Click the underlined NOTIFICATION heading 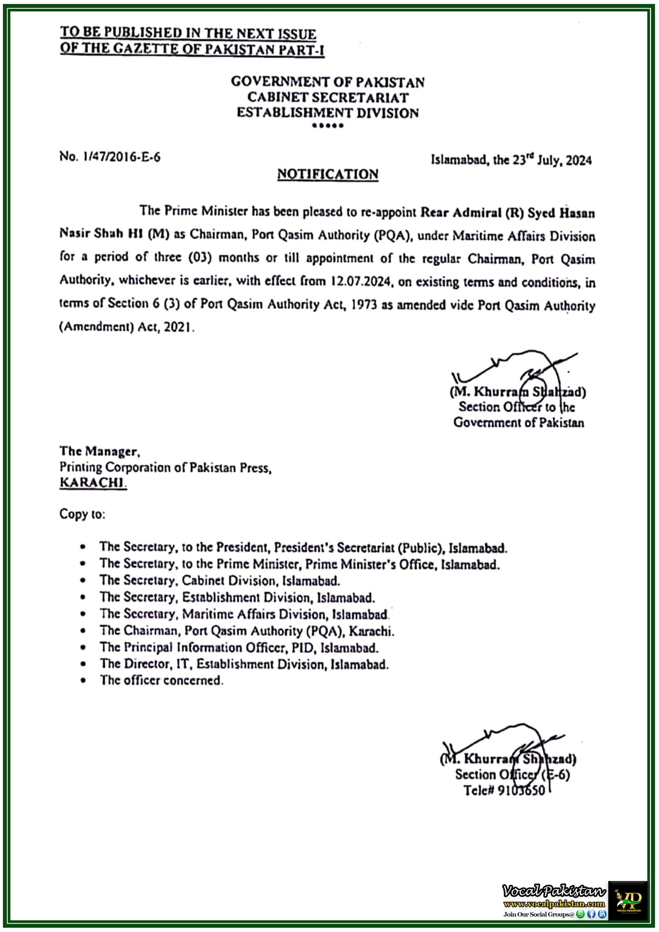[328, 174]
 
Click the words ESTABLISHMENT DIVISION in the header [328, 113]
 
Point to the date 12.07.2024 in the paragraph [360, 281]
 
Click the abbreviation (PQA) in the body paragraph [391, 236]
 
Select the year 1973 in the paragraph [364, 305]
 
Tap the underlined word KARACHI [92, 483]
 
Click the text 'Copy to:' [82, 514]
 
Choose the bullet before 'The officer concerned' [83, 680]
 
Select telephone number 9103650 [521, 791]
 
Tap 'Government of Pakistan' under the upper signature [518, 423]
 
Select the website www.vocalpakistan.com [554, 904]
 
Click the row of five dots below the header [328, 126]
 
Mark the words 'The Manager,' [100, 451]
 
